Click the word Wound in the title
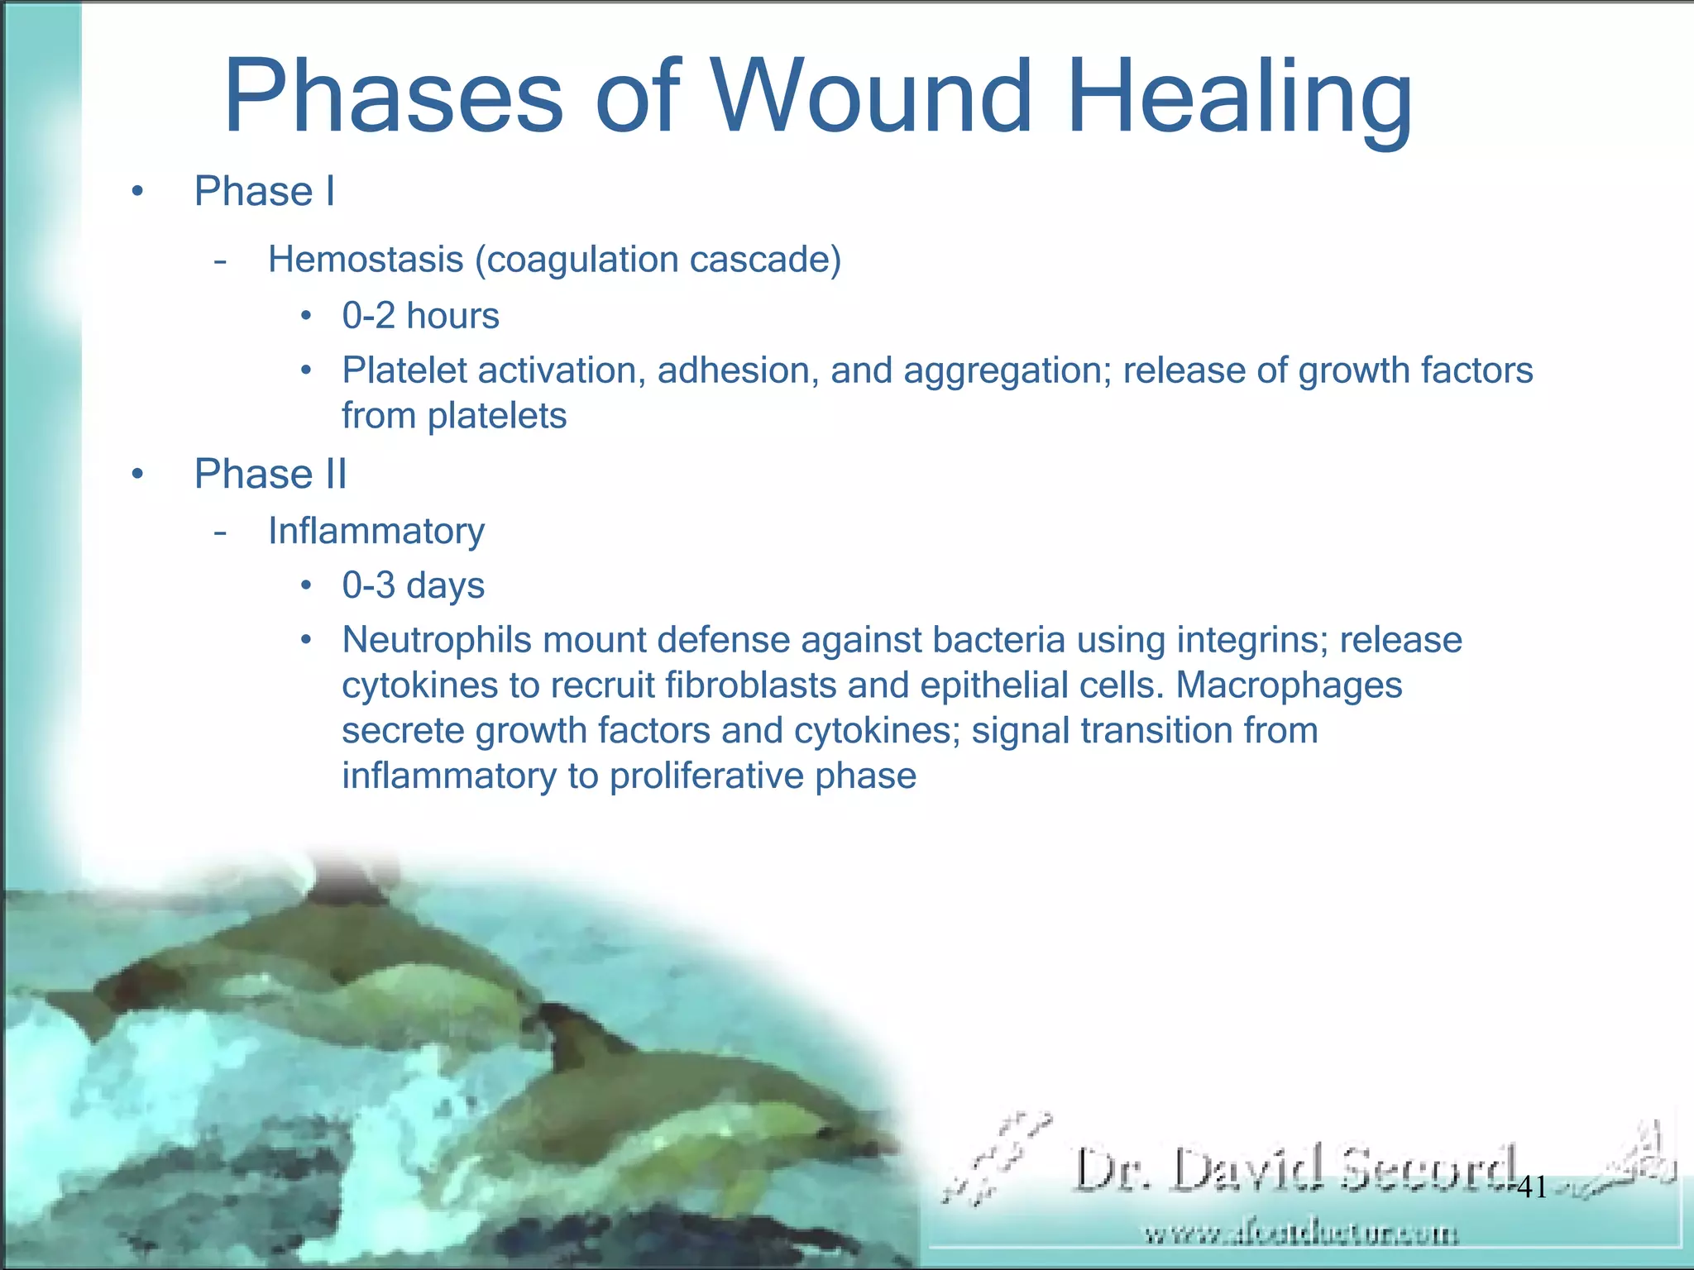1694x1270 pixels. [873, 97]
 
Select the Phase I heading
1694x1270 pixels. [264, 192]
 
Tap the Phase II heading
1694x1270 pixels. [270, 475]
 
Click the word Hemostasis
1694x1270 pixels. [365, 260]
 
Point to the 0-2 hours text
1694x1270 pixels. [420, 316]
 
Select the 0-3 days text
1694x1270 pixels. [413, 585]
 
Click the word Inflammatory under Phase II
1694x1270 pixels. [376, 531]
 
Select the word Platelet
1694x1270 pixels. [404, 370]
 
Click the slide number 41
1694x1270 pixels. [1532, 1188]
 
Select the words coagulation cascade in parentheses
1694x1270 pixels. [658, 260]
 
